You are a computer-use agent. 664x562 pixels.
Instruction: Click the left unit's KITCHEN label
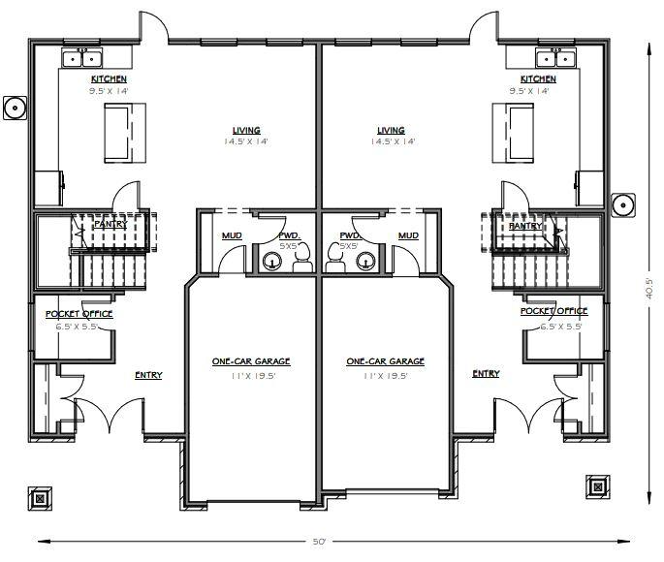point(109,79)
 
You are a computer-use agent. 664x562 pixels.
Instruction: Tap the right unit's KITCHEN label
point(538,79)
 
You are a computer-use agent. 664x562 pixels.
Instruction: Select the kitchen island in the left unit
point(118,133)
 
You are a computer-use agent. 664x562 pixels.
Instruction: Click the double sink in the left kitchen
point(78,59)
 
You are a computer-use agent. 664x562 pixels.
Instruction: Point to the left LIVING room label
point(246,131)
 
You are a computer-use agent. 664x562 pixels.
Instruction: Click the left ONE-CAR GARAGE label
point(251,361)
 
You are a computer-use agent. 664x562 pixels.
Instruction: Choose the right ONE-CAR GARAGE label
point(385,361)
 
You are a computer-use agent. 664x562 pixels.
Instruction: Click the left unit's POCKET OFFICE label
point(79,314)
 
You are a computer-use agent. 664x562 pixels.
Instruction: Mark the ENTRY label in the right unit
point(486,374)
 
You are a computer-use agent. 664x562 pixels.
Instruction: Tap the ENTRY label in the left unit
point(148,375)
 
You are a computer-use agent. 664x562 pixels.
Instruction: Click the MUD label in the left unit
point(232,235)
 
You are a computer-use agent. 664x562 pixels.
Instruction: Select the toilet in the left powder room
point(300,255)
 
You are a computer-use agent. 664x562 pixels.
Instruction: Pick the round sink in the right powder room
point(365,259)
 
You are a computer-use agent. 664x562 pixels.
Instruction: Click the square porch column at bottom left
point(39,499)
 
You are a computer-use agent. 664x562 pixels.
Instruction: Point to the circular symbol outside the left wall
point(14,108)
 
